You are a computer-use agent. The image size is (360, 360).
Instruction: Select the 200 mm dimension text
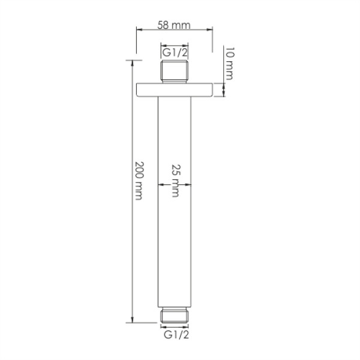click(x=139, y=180)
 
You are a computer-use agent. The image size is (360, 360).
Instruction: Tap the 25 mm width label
click(x=175, y=179)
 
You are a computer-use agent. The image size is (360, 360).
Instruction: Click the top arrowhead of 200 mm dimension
click(x=131, y=62)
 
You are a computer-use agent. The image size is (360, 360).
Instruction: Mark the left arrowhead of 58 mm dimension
click(x=139, y=30)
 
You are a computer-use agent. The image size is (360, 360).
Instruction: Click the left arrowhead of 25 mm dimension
click(x=160, y=185)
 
